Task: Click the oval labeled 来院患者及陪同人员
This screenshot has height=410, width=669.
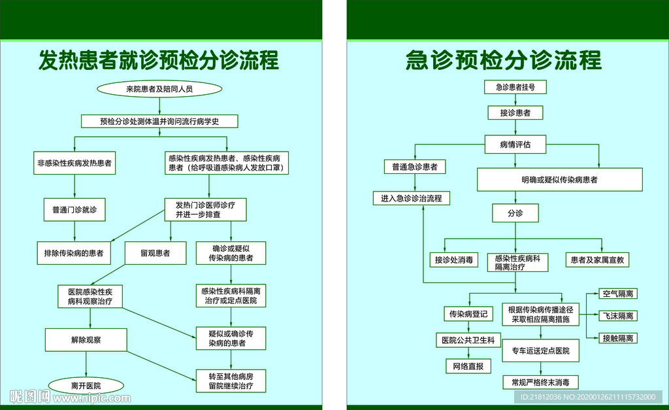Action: pyautogui.click(x=159, y=88)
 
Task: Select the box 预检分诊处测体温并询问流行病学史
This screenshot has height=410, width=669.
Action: pyautogui.click(x=159, y=121)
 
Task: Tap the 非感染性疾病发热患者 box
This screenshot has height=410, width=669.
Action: pyautogui.click(x=75, y=163)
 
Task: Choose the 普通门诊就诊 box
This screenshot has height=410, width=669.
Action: pyautogui.click(x=75, y=210)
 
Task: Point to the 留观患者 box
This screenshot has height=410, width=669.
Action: pyautogui.click(x=155, y=253)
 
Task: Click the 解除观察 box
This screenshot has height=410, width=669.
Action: pyautogui.click(x=90, y=340)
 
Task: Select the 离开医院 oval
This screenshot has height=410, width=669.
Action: pyautogui.click(x=90, y=385)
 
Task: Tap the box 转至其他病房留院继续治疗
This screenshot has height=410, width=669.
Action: pyautogui.click(x=231, y=381)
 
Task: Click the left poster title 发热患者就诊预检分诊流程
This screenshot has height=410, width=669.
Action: pyautogui.click(x=159, y=60)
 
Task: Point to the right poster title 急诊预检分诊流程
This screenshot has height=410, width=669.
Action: pyautogui.click(x=503, y=60)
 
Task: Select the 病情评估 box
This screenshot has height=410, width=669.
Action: pyautogui.click(x=515, y=144)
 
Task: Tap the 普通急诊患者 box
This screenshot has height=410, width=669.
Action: pyautogui.click(x=415, y=167)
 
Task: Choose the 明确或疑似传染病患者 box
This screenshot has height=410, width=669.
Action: pyautogui.click(x=559, y=179)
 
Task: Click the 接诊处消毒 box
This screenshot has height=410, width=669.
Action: pyautogui.click(x=454, y=260)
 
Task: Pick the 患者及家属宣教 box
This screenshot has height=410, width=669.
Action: pyautogui.click(x=598, y=260)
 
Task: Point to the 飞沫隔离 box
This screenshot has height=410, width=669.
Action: pyautogui.click(x=618, y=316)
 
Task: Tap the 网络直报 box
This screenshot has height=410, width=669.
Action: pyautogui.click(x=467, y=366)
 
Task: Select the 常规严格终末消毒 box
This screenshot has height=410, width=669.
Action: pyautogui.click(x=540, y=383)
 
